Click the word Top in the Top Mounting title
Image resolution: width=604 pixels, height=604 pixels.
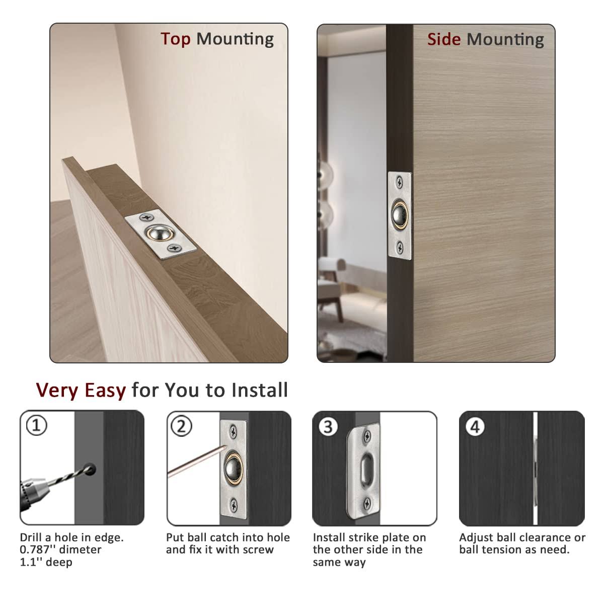pyautogui.click(x=175, y=39)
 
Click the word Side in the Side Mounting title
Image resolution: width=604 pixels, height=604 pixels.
pyautogui.click(x=443, y=39)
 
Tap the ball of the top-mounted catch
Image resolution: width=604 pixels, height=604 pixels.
pyautogui.click(x=156, y=233)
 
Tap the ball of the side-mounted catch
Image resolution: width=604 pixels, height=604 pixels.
pyautogui.click(x=401, y=214)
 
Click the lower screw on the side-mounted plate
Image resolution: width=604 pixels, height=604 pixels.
pyautogui.click(x=400, y=246)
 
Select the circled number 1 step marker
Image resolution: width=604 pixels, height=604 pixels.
pyautogui.click(x=36, y=426)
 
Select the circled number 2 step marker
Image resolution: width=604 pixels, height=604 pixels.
pyautogui.click(x=181, y=426)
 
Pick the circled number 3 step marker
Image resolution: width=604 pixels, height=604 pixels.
pyautogui.click(x=328, y=426)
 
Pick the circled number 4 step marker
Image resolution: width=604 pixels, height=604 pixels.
pyautogui.click(x=475, y=427)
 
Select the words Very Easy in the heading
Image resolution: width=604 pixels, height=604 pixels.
pyautogui.click(x=81, y=390)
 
